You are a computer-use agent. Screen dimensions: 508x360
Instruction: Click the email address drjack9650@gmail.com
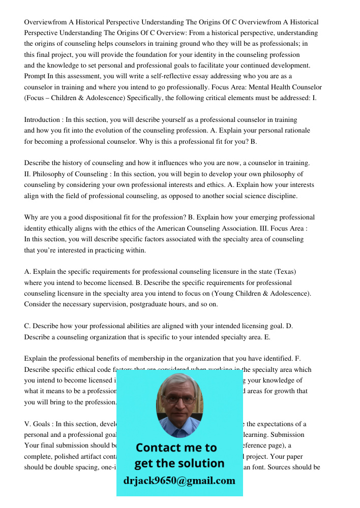179,481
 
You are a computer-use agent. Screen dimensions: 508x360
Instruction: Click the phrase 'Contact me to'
176,448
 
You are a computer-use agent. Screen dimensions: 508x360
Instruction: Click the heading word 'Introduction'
42,120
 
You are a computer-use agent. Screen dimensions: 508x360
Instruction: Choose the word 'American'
199,228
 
